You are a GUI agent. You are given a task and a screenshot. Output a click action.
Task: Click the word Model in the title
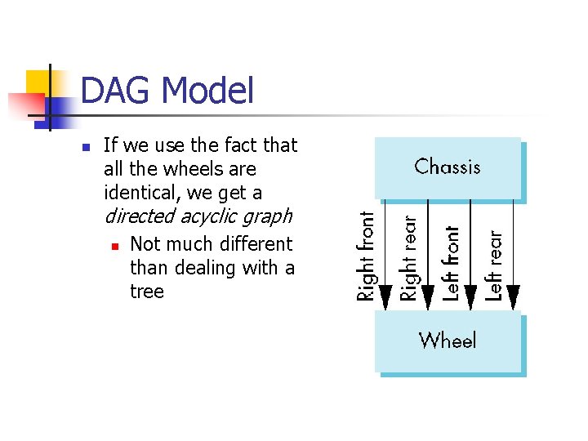click(x=209, y=91)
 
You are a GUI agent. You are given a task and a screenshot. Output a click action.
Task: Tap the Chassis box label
click(x=448, y=167)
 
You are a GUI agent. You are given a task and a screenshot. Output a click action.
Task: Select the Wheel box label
click(x=448, y=340)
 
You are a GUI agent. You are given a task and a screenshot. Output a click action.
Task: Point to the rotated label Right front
click(x=366, y=256)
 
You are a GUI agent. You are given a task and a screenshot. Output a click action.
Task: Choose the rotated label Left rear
click(x=493, y=265)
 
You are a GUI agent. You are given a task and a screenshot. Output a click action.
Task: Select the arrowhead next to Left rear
click(x=513, y=297)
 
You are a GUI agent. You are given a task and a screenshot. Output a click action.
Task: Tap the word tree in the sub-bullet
click(x=147, y=292)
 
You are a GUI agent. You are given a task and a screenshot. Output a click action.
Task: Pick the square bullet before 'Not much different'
click(x=114, y=245)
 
